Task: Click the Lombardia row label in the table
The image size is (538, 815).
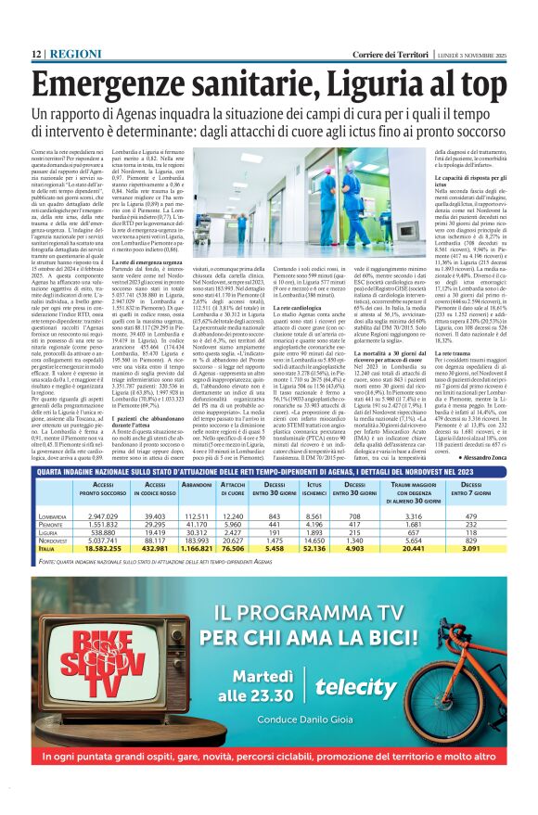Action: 53,516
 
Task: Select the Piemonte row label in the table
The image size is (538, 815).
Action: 51,525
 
